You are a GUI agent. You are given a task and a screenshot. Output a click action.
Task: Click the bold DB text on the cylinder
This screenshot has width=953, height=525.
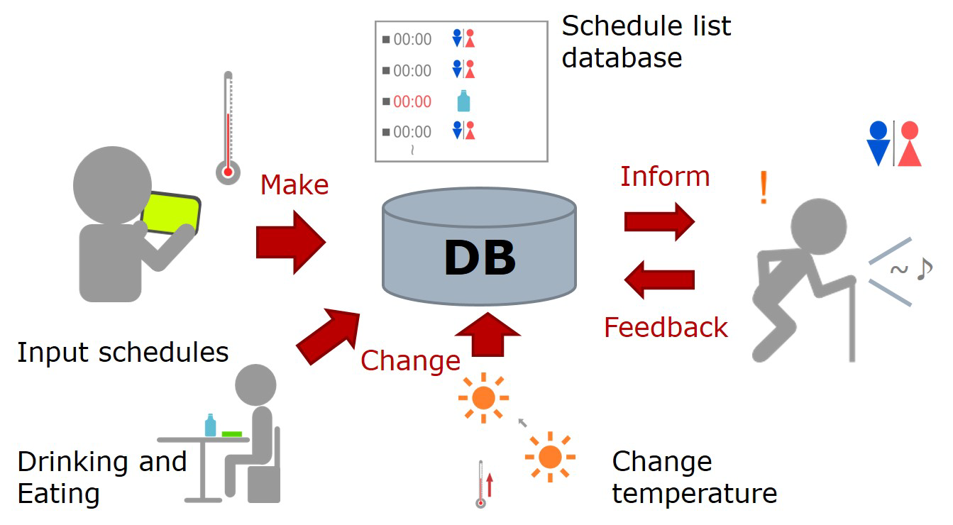480,257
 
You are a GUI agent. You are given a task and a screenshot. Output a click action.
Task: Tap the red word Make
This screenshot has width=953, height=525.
294,184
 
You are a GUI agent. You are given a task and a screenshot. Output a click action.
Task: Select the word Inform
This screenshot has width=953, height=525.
665,176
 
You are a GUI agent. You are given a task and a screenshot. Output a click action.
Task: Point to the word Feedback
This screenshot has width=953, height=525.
666,327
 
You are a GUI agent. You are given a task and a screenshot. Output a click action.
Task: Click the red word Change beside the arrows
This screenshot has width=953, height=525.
410,361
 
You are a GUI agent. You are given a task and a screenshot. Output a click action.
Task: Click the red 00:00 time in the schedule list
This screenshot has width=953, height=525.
412,101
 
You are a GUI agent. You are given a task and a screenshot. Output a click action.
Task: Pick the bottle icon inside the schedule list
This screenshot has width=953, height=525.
463,101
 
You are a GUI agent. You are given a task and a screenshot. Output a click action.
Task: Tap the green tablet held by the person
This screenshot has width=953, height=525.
170,214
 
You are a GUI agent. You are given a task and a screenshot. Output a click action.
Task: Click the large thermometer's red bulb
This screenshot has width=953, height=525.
228,172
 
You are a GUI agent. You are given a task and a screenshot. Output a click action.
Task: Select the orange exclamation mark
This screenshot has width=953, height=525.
764,187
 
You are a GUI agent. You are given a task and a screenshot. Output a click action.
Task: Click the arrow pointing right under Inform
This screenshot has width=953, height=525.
659,221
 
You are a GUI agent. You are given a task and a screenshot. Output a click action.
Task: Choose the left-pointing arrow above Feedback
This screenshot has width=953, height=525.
659,280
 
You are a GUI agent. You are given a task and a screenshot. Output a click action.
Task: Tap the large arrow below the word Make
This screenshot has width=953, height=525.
290,242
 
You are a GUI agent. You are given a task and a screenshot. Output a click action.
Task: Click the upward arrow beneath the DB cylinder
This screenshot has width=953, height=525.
487,334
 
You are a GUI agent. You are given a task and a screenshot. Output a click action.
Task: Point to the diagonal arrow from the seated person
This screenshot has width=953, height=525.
329,336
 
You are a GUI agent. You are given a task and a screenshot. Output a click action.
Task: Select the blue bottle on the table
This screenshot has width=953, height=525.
210,425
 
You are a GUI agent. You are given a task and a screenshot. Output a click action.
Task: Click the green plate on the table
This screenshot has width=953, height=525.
232,434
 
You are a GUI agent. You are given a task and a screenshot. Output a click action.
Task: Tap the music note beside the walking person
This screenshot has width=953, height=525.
924,269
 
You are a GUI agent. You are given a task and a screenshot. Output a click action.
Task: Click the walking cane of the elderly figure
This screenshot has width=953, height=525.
852,320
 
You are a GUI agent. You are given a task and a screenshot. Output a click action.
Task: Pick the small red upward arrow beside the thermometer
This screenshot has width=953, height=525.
490,485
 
